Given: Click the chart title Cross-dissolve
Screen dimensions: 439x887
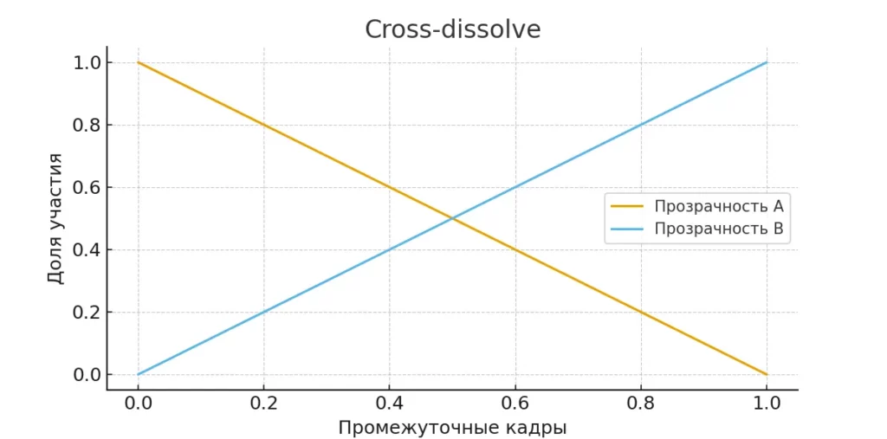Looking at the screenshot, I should [452, 29].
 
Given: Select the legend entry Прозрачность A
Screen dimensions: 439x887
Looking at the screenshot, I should [719, 206].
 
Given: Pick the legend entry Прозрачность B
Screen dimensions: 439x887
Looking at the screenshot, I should [719, 229].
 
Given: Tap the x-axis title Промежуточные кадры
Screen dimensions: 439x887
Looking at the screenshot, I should [452, 428].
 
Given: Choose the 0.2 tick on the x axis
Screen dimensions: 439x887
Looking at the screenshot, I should [263, 403].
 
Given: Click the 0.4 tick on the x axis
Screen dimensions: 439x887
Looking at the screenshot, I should [389, 403].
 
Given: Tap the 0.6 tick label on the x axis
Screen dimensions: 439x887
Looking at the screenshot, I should [515, 403].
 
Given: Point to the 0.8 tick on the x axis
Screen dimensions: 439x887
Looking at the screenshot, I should [641, 403].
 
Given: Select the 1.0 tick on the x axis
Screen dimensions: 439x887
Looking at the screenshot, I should [767, 403].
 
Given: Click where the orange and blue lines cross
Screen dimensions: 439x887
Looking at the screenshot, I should [452, 218].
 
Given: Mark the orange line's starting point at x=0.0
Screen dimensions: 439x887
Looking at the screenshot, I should [138, 62].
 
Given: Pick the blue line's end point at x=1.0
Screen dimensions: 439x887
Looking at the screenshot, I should [767, 62].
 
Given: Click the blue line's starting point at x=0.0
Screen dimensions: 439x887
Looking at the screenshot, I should [138, 375].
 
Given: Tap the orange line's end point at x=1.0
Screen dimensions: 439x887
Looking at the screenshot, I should [767, 375].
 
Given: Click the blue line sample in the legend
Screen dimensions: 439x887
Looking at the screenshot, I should [628, 229].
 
